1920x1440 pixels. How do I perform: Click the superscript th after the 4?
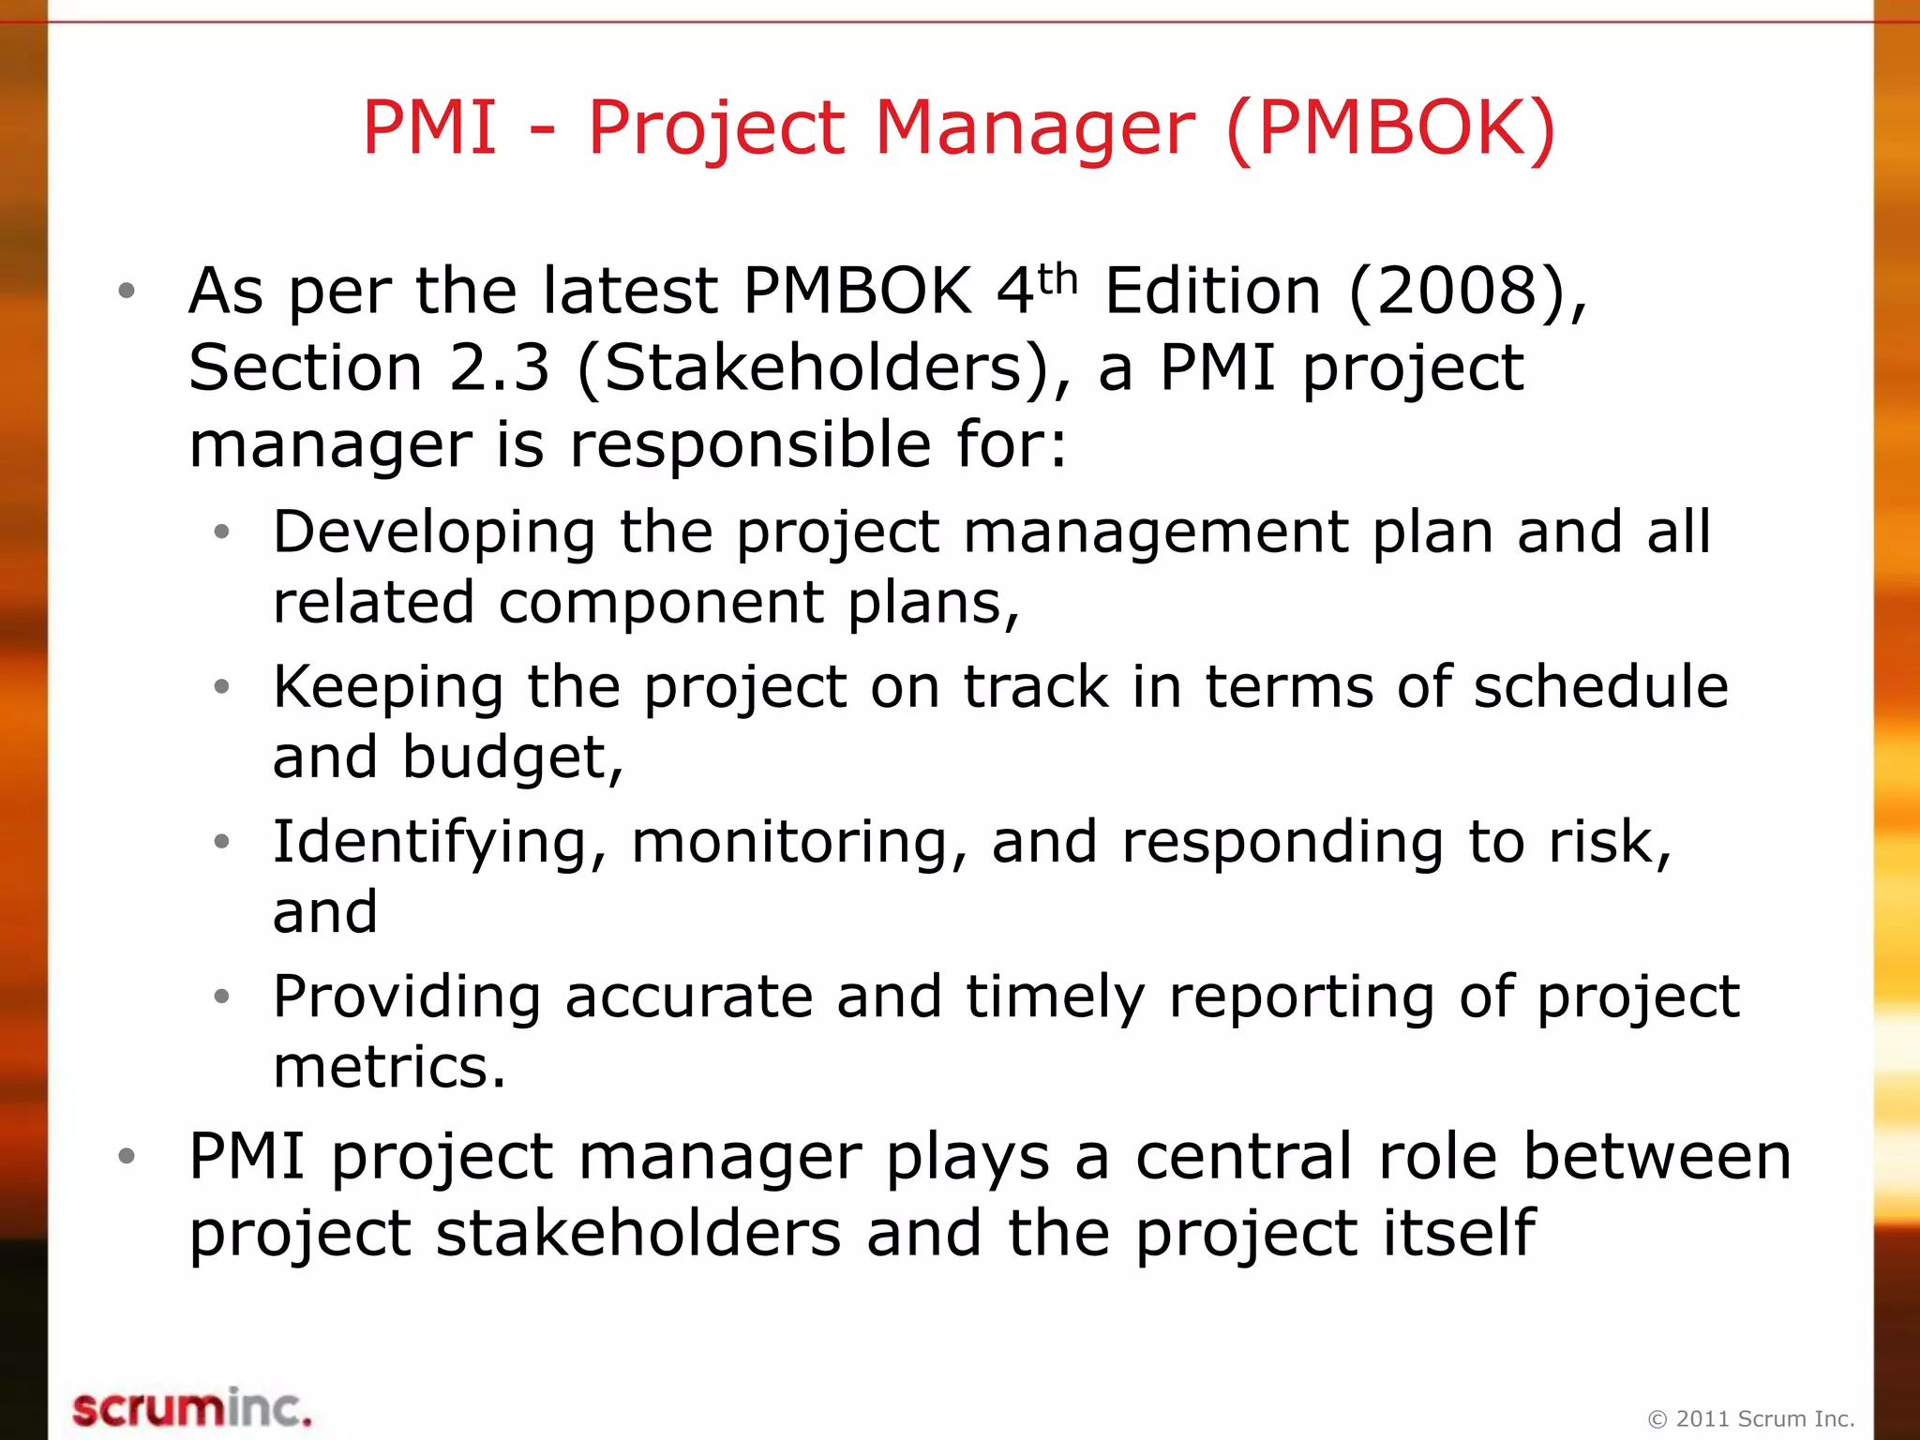1057,278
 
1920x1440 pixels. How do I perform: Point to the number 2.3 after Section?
499,367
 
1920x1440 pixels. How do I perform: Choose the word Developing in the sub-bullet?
434,532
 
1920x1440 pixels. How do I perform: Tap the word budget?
512,757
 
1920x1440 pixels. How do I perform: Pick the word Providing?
407,997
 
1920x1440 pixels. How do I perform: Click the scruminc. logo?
191,1408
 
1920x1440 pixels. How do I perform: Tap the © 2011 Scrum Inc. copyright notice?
1750,1418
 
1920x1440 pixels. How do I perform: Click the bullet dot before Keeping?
221,687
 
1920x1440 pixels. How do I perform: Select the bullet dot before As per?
127,291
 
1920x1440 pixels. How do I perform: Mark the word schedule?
1600,687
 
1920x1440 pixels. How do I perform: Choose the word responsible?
751,444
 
